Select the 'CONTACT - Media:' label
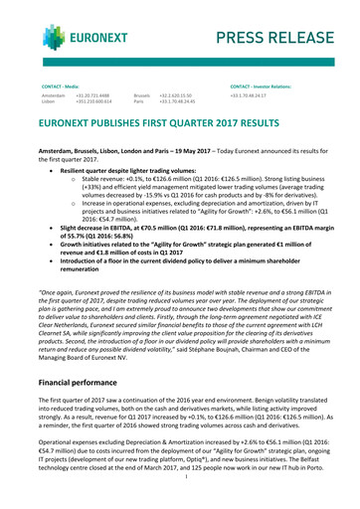pos(59,87)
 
